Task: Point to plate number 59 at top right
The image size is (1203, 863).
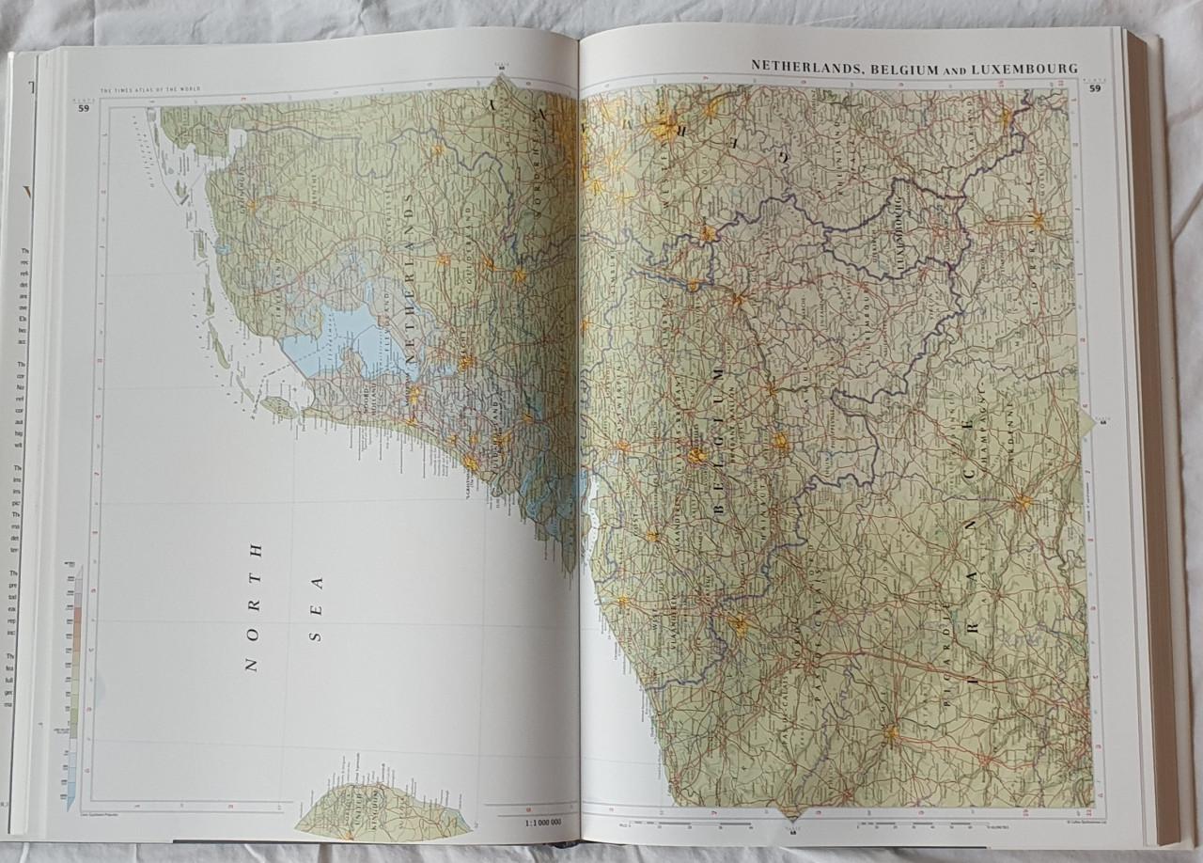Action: click(x=1095, y=89)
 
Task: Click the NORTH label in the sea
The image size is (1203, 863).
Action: click(x=251, y=606)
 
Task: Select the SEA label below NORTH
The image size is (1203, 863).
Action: click(x=317, y=608)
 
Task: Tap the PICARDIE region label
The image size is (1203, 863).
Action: click(x=943, y=658)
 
